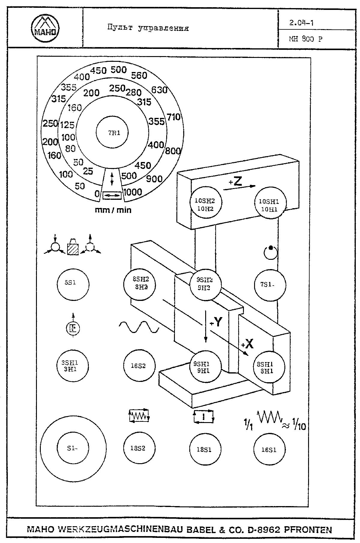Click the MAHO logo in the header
pos(45,28)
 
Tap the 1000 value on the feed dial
pos(132,192)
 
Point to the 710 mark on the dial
pos(174,117)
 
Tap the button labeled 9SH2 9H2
pos(205,284)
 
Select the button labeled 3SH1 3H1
pos(73,366)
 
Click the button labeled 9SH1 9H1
pos(205,366)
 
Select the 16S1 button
pos(269,449)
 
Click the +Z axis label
pos(236,182)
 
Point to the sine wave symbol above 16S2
pos(139,327)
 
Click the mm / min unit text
pos(113,210)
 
